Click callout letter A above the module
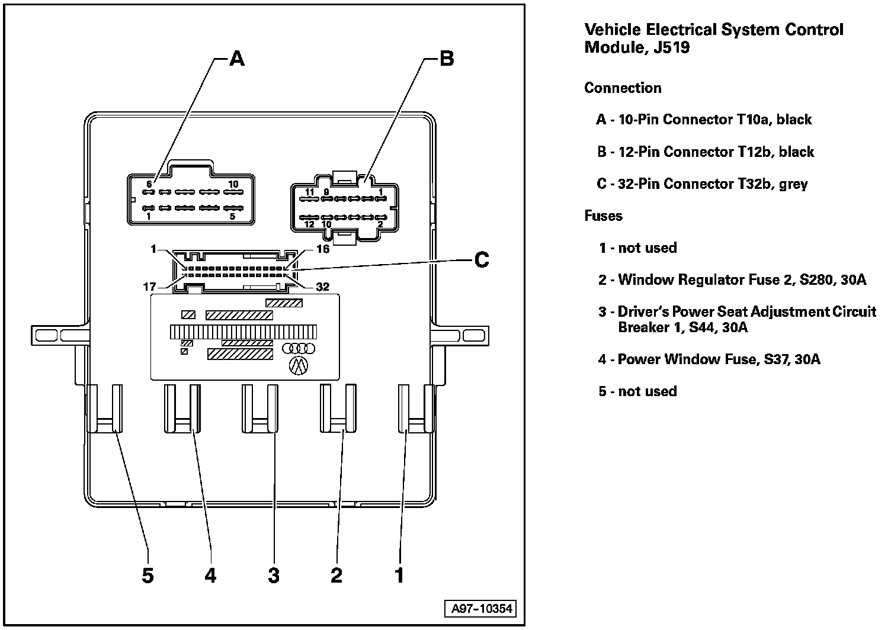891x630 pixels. (x=237, y=58)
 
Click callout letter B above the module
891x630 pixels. (x=446, y=58)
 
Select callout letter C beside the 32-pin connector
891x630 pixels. (x=481, y=259)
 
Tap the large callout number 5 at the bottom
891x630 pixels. (x=148, y=575)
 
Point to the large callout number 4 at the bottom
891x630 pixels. (x=210, y=575)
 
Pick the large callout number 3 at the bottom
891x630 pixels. (x=273, y=575)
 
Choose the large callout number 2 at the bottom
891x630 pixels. (x=336, y=575)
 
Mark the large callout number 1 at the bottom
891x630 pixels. (x=399, y=575)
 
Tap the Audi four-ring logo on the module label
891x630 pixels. (x=299, y=349)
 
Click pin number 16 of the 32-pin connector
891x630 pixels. (x=322, y=249)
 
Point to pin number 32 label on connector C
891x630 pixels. (x=322, y=287)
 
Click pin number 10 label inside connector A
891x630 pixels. (x=233, y=184)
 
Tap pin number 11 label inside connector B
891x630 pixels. (x=309, y=192)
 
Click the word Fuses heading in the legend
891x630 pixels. (x=603, y=216)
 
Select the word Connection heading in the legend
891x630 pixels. (x=623, y=88)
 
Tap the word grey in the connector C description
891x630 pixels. (x=793, y=184)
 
